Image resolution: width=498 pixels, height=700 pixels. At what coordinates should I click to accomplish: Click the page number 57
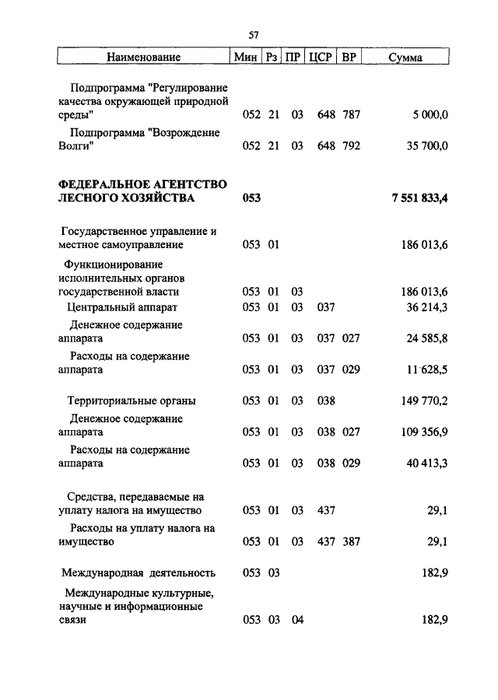254,35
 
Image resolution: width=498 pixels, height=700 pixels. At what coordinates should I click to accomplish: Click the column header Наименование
144,58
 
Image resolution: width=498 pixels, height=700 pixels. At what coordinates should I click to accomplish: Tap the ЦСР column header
321,58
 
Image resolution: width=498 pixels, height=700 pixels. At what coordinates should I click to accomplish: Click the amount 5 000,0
430,115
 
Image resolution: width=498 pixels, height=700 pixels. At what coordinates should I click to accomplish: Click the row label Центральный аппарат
122,307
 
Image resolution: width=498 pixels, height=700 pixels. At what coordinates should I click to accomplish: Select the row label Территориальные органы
130,401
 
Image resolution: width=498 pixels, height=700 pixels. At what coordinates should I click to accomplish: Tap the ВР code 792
351,145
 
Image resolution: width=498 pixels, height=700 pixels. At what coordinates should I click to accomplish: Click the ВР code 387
351,542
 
